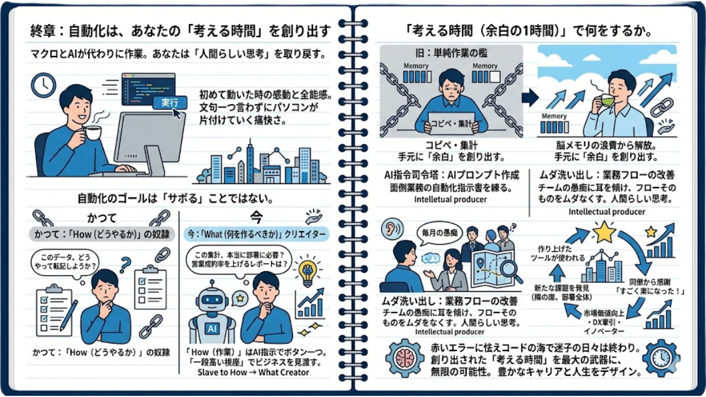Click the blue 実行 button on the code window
click(170, 102)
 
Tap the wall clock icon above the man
click(44, 85)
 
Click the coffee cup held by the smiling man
click(92, 133)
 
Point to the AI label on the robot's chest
click(212, 329)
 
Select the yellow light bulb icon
click(307, 272)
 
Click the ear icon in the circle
click(392, 229)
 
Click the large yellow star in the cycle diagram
click(604, 232)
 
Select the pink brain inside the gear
click(405, 359)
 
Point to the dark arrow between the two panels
click(530, 98)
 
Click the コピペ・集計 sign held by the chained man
click(451, 123)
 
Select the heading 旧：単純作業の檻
click(451, 53)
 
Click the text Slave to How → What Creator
click(253, 372)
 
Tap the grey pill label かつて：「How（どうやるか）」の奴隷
click(102, 234)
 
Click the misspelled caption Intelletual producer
click(451, 199)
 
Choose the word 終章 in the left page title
click(43, 31)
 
